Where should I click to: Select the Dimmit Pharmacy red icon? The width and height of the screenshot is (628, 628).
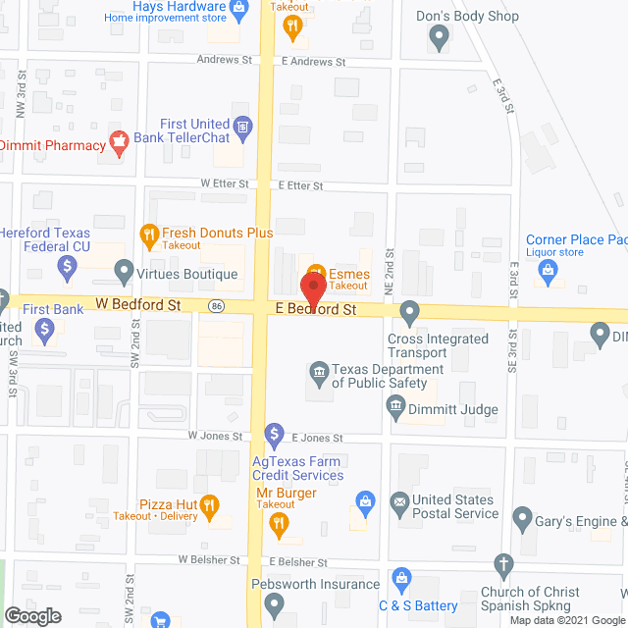coord(119,145)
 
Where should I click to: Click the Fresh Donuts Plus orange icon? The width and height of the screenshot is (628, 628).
coord(149,234)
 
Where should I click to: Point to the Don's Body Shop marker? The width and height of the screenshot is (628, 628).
coord(440,38)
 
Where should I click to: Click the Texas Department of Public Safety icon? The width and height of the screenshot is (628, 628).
coord(318,370)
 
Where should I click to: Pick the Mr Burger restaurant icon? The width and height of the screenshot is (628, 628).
coord(280,523)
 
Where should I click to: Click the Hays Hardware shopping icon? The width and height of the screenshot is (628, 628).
coord(238,9)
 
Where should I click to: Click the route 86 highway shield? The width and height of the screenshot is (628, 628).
coord(215,307)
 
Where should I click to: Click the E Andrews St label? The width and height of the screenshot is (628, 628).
coord(313,61)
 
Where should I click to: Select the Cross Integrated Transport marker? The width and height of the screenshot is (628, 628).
coord(410,312)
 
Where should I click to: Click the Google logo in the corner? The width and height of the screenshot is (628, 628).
coord(31,615)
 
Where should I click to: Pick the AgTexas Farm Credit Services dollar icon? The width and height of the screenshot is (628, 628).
coord(275,433)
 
